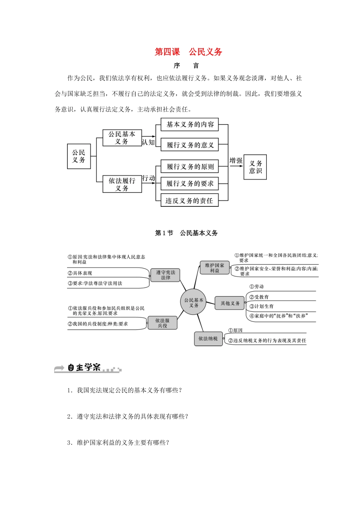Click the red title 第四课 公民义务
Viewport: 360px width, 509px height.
click(x=188, y=52)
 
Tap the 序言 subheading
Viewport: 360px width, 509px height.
click(x=186, y=66)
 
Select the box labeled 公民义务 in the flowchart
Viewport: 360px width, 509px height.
click(x=79, y=156)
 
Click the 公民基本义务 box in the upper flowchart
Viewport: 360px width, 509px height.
click(x=122, y=138)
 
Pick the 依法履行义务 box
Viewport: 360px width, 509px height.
click(x=122, y=184)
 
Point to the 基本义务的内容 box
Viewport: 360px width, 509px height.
click(x=190, y=125)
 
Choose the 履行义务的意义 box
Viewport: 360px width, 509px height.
click(x=190, y=145)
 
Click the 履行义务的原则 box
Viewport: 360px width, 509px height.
click(x=190, y=167)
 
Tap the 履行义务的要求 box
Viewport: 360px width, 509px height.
click(x=190, y=184)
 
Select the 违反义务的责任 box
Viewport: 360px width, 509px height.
click(x=189, y=201)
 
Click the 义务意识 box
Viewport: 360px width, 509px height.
click(x=255, y=167)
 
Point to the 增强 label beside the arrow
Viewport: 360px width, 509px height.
click(x=236, y=161)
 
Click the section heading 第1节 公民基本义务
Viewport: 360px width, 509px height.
click(x=186, y=233)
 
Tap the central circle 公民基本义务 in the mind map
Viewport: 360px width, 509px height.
click(x=194, y=302)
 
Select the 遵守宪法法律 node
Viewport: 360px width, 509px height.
click(x=166, y=275)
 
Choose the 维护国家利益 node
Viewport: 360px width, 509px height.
click(x=214, y=268)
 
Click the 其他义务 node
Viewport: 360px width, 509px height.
click(x=230, y=303)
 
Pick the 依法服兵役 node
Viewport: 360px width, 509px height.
click(x=162, y=323)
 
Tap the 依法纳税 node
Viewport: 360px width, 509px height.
click(x=208, y=339)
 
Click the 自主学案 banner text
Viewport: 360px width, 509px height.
click(x=84, y=367)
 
